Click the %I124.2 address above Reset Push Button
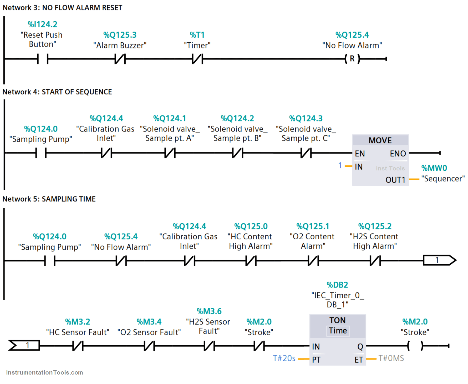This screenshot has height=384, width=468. point(42,24)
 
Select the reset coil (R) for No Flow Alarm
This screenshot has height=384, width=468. point(352,59)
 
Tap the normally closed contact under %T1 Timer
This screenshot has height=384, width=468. point(197,59)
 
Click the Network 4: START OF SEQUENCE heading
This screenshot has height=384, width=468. point(57,92)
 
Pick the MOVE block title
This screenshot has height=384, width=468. point(380,140)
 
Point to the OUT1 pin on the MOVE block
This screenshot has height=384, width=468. point(395,180)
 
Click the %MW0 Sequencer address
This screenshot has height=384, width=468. point(434,168)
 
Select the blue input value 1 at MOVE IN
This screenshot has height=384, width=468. point(340,165)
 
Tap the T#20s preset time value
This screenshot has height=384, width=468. point(284,358)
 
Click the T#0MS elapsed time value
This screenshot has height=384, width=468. point(391,358)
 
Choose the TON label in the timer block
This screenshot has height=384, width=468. point(337,320)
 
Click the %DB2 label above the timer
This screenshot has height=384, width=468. point(337,285)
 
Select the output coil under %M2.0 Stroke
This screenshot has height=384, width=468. point(415,346)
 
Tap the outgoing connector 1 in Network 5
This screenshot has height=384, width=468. point(439,260)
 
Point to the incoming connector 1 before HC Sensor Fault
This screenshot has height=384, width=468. point(24,345)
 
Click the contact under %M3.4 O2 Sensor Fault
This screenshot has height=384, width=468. point(149,346)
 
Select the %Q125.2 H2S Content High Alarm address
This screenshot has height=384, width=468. point(375,226)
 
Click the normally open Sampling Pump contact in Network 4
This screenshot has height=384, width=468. point(41,153)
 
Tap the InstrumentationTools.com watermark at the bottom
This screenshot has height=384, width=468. point(44,372)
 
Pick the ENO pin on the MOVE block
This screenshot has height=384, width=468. point(398,153)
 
